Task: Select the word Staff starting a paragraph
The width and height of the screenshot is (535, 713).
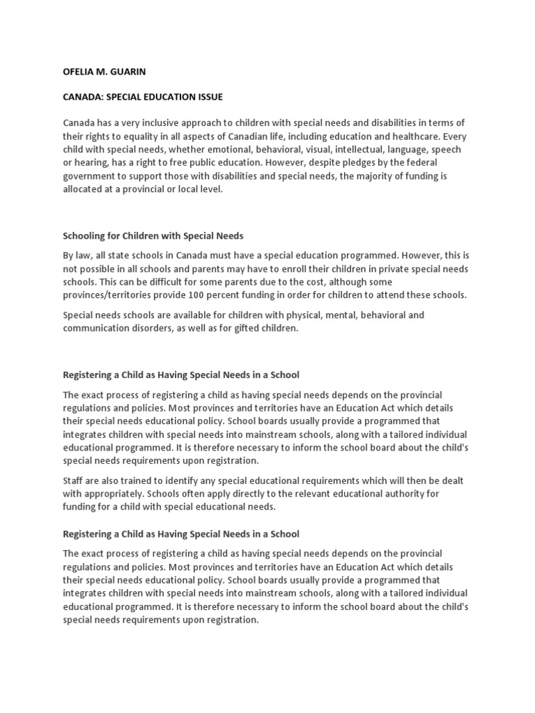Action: coord(75,480)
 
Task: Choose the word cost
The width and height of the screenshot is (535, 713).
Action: coord(303,281)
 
